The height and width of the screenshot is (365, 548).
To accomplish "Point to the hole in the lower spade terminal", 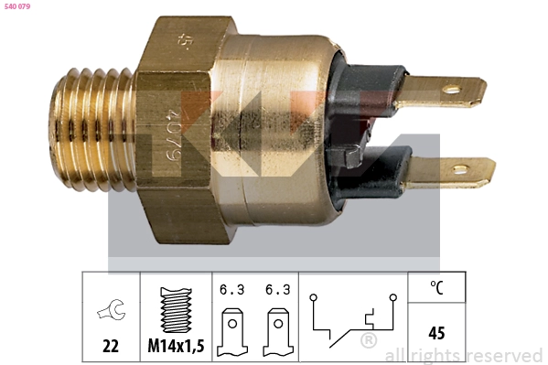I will (460, 169).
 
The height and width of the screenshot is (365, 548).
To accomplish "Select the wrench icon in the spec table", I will (111, 311).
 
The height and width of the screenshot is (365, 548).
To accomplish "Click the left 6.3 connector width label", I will (231, 292).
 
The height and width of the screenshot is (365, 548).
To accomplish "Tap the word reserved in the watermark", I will (506, 355).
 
